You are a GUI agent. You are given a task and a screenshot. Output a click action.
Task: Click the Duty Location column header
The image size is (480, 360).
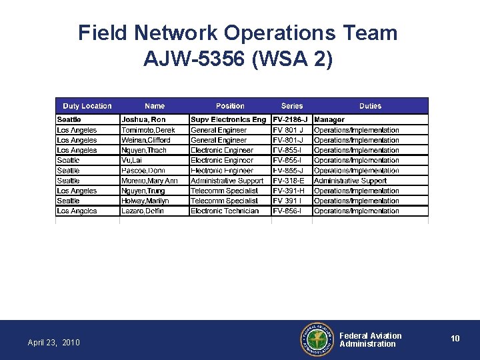(87, 106)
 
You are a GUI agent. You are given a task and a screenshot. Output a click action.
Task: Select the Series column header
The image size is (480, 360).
(292, 106)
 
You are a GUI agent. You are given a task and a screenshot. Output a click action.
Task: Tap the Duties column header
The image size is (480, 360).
(370, 106)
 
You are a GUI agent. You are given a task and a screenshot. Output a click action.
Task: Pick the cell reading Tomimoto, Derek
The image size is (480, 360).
(148, 130)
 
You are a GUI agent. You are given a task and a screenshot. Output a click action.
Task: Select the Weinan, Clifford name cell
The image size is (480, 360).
(146, 140)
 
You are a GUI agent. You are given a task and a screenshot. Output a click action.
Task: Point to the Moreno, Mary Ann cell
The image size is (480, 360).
(149, 181)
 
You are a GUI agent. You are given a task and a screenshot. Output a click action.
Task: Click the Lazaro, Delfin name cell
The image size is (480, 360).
(143, 211)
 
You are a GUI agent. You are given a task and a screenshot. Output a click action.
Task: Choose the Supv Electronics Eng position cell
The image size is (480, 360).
(228, 120)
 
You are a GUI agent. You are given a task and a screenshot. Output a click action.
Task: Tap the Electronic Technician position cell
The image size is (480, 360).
(225, 211)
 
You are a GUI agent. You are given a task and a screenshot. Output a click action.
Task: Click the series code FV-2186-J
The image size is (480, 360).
(291, 120)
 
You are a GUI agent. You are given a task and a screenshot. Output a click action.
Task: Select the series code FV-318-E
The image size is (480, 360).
(288, 181)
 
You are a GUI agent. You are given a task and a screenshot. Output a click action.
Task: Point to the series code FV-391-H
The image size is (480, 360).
(289, 191)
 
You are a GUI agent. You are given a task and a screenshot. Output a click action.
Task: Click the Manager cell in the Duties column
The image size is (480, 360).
(329, 120)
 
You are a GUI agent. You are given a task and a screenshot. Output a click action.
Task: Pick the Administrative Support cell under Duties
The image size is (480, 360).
(350, 181)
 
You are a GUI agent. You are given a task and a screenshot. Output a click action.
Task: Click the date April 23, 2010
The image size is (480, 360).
(53, 343)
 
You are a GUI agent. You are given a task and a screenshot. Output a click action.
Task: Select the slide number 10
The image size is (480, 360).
(455, 339)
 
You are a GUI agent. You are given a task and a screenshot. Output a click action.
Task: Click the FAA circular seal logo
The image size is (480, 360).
(317, 340)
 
